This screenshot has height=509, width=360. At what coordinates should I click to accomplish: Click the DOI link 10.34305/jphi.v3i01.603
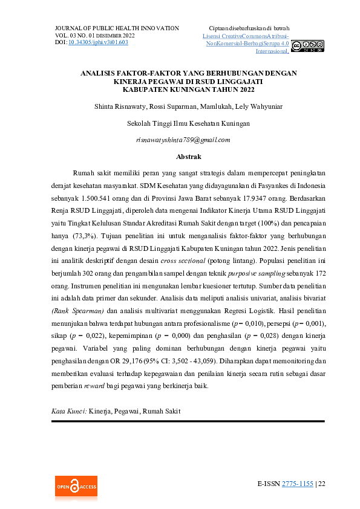(98, 43)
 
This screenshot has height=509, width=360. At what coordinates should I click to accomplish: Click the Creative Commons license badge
(307, 47)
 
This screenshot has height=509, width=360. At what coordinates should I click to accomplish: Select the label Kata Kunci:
(69, 411)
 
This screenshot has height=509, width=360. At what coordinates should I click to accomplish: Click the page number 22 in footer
(322, 484)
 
